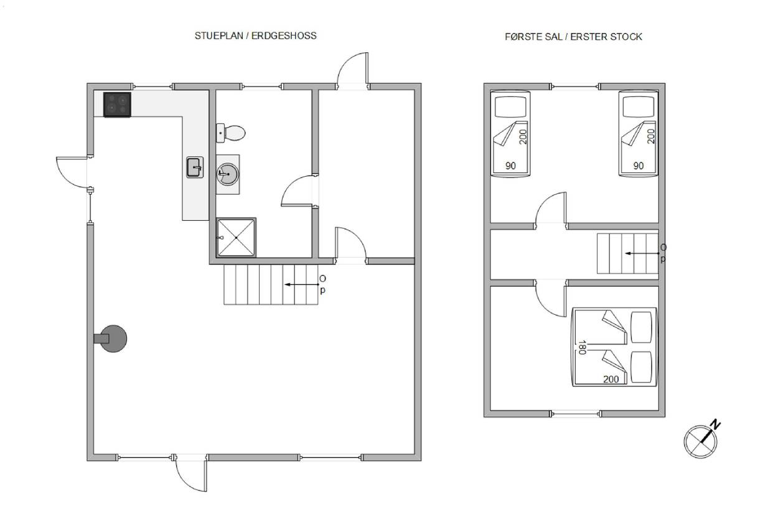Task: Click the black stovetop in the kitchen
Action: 117,105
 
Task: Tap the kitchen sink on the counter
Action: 195,167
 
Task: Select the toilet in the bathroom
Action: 231,133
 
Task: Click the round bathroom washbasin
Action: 227,174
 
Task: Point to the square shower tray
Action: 236,238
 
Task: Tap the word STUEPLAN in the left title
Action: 218,35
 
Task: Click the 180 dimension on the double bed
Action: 581,347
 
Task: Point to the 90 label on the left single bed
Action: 510,166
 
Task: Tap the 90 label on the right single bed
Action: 639,166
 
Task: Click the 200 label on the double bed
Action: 611,379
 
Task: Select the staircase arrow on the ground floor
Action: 302,284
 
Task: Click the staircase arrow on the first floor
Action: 642,254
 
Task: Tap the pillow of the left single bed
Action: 511,106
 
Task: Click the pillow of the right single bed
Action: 639,106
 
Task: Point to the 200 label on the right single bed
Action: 651,136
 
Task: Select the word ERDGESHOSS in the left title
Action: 284,35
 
